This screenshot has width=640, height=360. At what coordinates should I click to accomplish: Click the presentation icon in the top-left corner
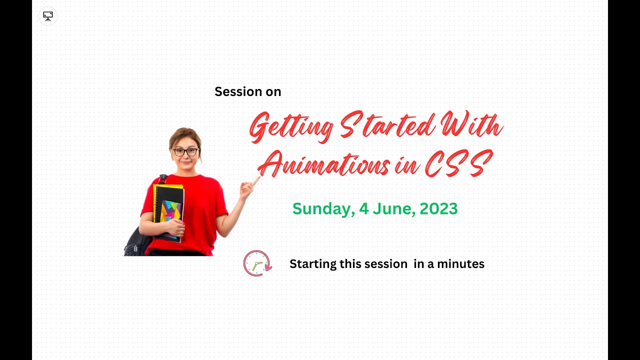pyautogui.click(x=48, y=16)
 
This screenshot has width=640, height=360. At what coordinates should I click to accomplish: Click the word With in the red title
pyautogui.click(x=470, y=125)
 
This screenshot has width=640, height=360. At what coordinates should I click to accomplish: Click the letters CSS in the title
pyautogui.click(x=455, y=163)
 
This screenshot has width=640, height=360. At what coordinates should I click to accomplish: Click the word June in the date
pyautogui.click(x=393, y=208)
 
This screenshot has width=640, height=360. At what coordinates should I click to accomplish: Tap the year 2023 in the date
pyautogui.click(x=438, y=208)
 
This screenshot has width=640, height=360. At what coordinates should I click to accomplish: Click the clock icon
pyautogui.click(x=257, y=263)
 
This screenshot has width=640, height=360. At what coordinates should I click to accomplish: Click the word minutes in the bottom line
pyautogui.click(x=460, y=263)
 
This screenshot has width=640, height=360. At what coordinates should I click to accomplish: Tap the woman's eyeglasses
pyautogui.click(x=185, y=151)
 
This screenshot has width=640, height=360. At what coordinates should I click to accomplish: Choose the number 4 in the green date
pyautogui.click(x=364, y=208)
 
